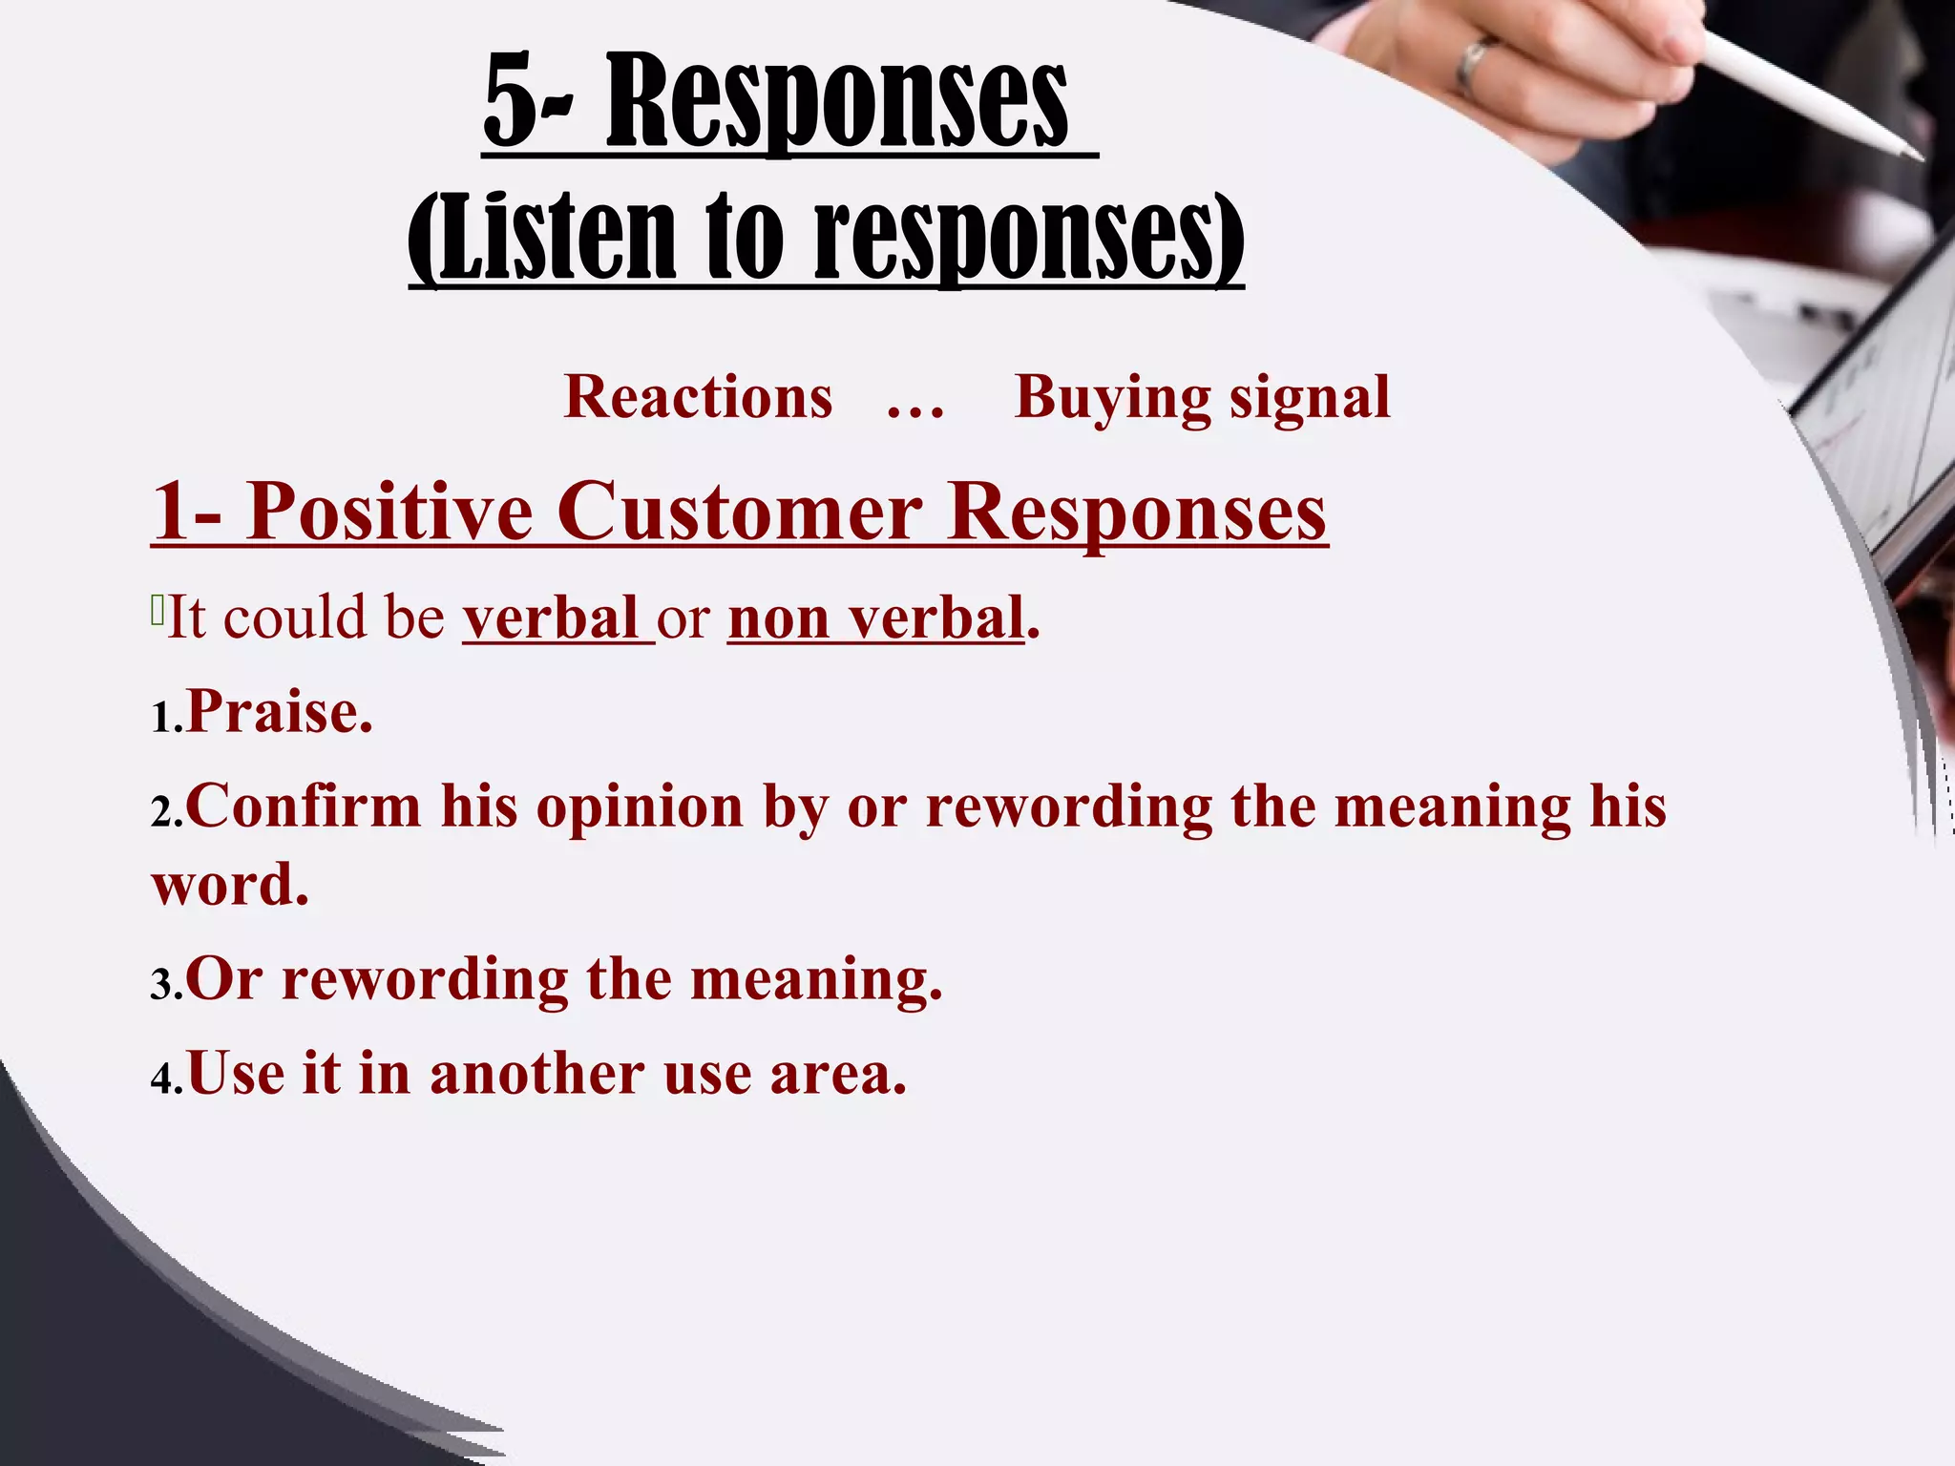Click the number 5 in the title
click(x=512, y=101)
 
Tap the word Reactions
click(x=698, y=397)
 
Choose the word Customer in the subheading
click(x=740, y=513)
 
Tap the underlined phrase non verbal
click(x=876, y=618)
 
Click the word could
click(x=295, y=618)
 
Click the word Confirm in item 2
click(x=304, y=806)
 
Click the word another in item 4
click(x=537, y=1074)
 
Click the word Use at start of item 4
click(x=236, y=1074)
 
